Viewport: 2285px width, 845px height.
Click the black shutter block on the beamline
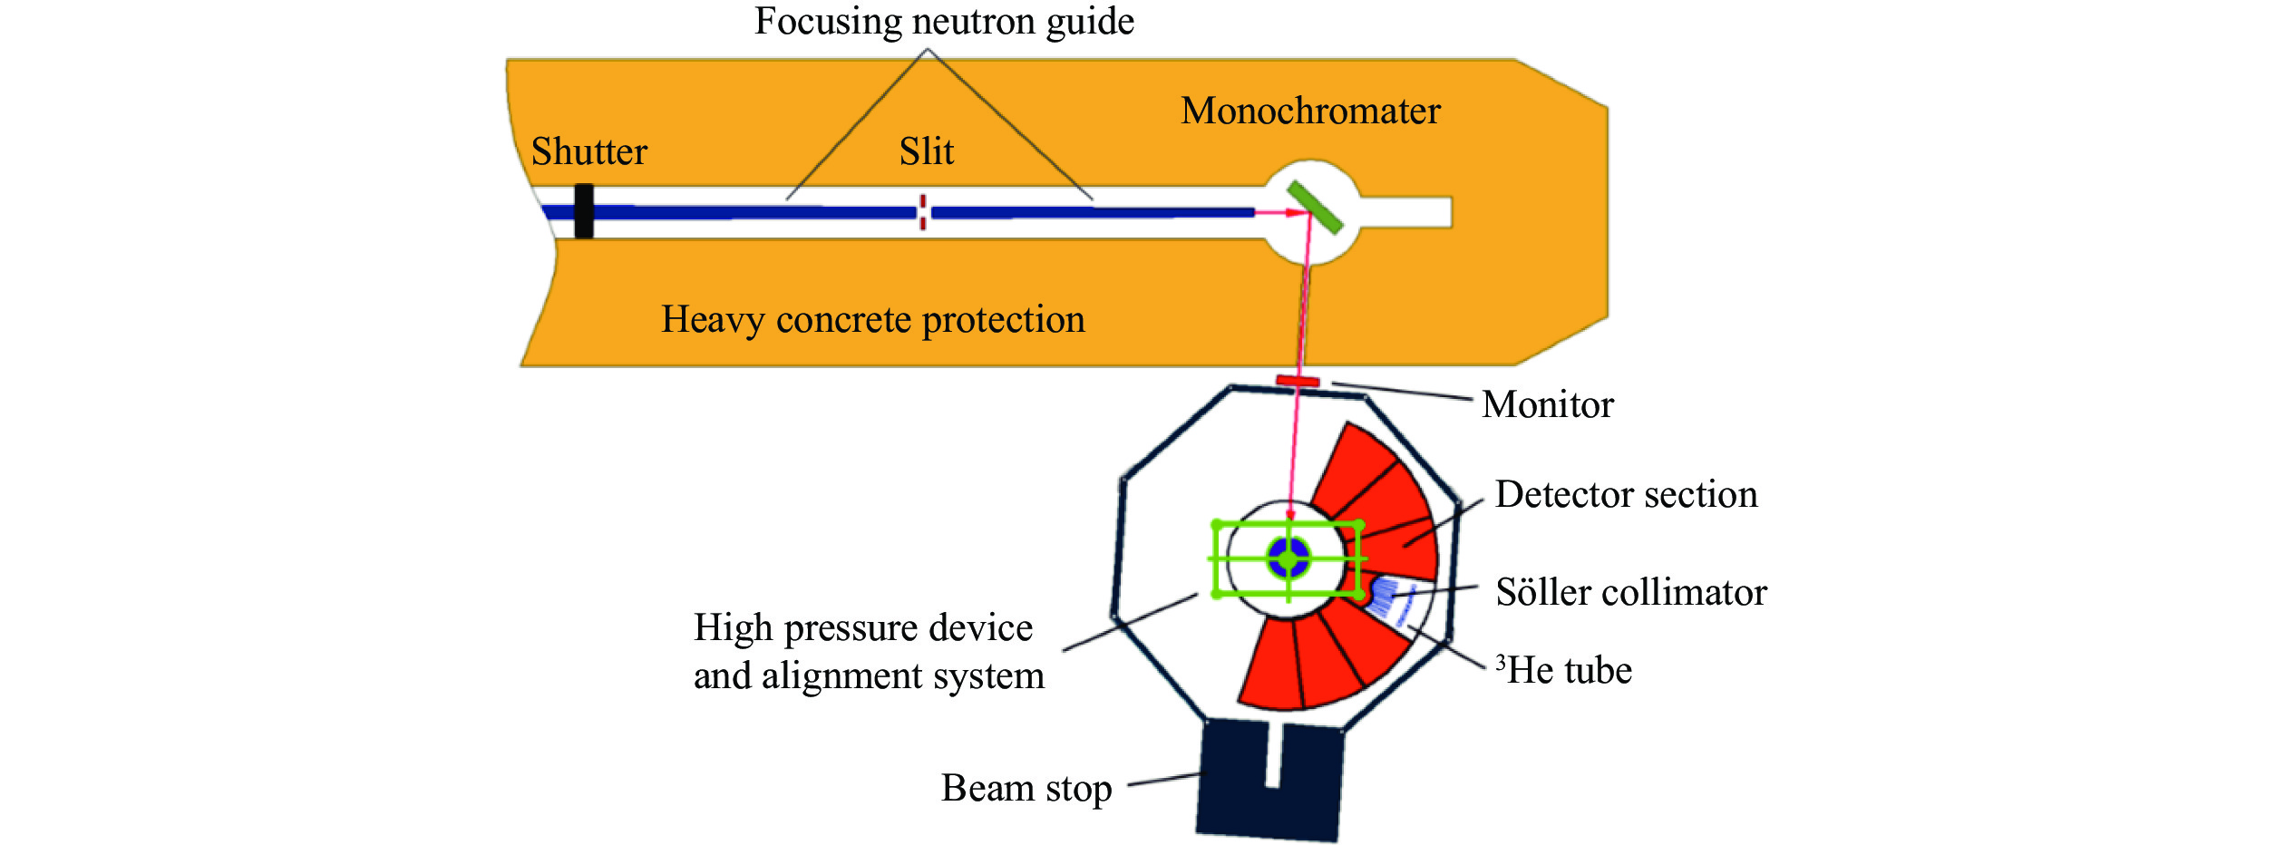coord(584,211)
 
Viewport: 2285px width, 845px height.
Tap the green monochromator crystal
coord(1315,207)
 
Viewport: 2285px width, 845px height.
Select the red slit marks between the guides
coord(923,212)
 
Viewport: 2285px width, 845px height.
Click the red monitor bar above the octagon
coord(1298,381)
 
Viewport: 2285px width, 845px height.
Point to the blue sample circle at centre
coord(1288,558)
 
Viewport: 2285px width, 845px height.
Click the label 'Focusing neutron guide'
coord(944,21)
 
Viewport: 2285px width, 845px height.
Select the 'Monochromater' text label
coord(1310,111)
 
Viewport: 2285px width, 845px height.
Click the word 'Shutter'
coord(589,151)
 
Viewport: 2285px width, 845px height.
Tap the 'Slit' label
coord(927,151)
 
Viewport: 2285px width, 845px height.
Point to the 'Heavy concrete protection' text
coord(872,319)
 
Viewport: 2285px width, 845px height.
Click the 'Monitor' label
coord(1548,404)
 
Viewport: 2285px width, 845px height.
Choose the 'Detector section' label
coord(1626,494)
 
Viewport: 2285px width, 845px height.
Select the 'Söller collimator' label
coord(1631,592)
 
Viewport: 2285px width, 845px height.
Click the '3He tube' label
coord(1564,670)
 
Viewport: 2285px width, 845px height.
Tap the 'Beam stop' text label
coord(1026,788)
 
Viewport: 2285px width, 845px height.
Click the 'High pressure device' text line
coord(863,627)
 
